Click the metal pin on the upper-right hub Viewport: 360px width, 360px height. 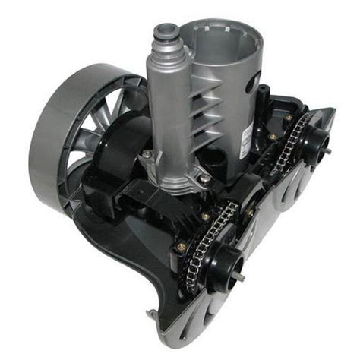pyautogui.click(x=332, y=140)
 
